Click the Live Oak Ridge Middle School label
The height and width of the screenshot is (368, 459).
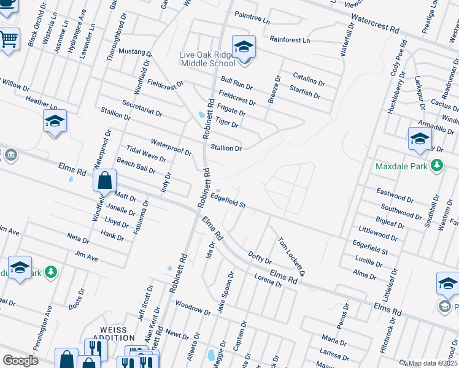pos(207,59)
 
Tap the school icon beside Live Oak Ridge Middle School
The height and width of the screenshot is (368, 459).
pos(244,47)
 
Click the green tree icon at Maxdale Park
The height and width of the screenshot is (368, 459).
pos(436,166)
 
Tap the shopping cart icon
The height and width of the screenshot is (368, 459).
pos(9,40)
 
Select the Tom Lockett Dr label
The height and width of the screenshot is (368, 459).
pos(292,256)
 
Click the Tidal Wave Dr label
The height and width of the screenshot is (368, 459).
pos(146,153)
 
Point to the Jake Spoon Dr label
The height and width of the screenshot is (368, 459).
pos(225,293)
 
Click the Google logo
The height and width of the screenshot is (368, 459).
pos(20,360)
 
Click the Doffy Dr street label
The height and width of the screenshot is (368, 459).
pos(260,258)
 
